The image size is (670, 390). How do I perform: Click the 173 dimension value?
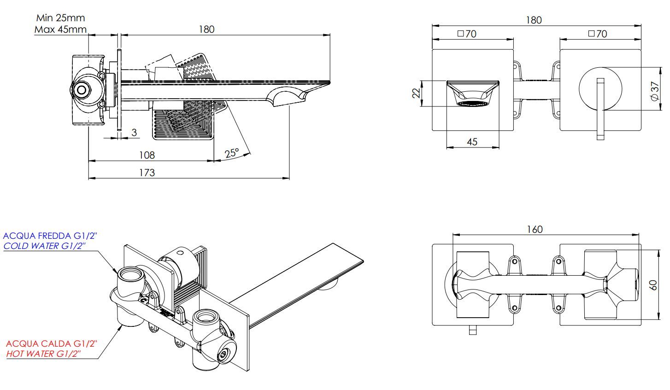(x=147, y=172)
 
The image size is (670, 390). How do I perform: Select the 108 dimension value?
(x=147, y=155)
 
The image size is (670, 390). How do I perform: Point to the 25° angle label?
(x=232, y=153)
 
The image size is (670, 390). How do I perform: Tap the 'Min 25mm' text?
(x=60, y=18)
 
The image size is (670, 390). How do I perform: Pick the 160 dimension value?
(x=534, y=229)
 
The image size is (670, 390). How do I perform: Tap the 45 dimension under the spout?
(x=472, y=142)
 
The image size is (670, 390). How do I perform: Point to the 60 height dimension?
(x=653, y=285)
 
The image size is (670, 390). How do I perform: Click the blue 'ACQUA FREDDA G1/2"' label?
(x=50, y=236)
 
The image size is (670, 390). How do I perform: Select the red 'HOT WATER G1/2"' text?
(x=44, y=354)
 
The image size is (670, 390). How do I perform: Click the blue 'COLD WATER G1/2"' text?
(x=45, y=246)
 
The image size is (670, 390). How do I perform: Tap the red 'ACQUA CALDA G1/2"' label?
(x=52, y=344)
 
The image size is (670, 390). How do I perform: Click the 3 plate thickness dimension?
(x=134, y=133)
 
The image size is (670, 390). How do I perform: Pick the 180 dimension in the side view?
(x=207, y=29)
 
